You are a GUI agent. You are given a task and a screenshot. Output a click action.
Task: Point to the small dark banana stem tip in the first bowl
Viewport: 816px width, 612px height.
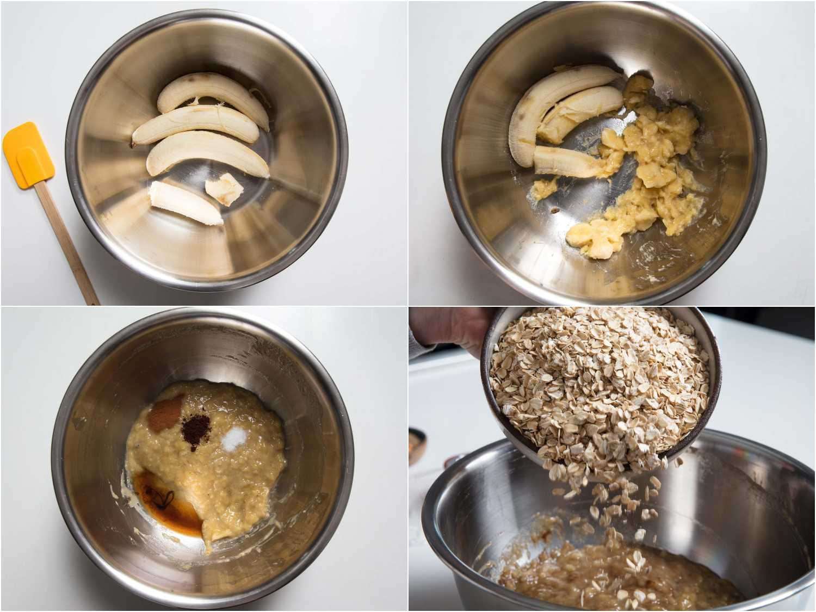(133, 144)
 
